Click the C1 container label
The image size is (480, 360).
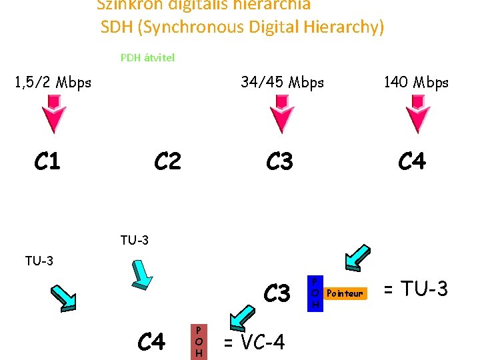tap(47, 161)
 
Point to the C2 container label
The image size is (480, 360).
tap(167, 161)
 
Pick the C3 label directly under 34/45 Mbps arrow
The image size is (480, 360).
tap(279, 161)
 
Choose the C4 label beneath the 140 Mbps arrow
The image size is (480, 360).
tap(412, 161)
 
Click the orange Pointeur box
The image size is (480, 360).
tap(345, 293)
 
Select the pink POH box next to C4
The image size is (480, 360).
tap(199, 341)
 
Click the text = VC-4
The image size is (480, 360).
tap(253, 342)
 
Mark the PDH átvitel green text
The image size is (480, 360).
tap(147, 57)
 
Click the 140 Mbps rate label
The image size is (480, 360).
tap(416, 83)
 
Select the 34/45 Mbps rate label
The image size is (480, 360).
tap(282, 83)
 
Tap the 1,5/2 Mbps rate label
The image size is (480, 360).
tap(53, 83)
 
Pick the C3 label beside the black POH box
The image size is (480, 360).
tap(277, 293)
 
